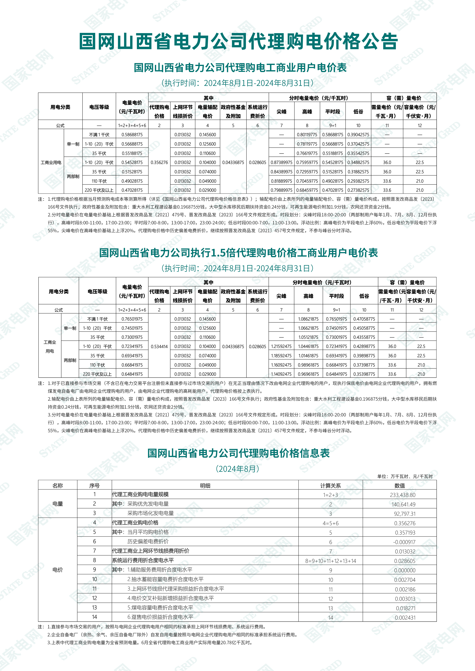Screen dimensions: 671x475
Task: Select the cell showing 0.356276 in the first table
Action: (x=159, y=162)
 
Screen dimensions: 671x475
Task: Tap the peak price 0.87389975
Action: (x=281, y=162)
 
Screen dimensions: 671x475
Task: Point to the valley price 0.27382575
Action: (x=358, y=190)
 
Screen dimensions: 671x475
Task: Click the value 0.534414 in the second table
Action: (x=159, y=347)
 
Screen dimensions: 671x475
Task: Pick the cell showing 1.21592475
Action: (x=281, y=347)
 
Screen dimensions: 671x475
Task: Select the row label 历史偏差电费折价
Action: (x=148, y=542)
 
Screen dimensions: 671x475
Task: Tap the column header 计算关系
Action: (x=331, y=486)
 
